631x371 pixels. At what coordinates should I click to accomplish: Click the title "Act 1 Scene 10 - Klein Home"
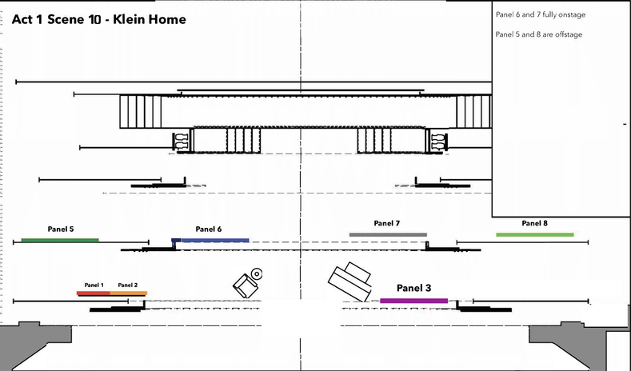[99, 19]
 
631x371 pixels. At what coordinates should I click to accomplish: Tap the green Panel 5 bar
[60, 240]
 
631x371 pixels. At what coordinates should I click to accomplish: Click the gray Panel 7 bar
[388, 234]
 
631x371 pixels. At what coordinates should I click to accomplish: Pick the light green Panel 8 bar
[534, 234]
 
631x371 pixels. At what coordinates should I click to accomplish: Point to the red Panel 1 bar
[94, 293]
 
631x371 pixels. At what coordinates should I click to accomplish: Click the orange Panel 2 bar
[129, 293]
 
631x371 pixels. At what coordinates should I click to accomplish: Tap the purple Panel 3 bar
[413, 301]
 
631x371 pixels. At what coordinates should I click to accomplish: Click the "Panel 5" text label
[61, 229]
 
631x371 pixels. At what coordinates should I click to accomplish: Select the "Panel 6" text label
[208, 229]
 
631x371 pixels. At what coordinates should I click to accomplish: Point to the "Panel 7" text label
[386, 223]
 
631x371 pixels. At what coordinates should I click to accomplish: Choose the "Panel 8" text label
[534, 223]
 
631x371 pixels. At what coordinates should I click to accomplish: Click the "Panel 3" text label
[413, 288]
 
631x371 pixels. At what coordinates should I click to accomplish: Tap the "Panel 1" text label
[94, 285]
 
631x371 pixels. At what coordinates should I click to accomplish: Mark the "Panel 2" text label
[128, 285]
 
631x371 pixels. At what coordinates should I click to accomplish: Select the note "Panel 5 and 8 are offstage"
[538, 34]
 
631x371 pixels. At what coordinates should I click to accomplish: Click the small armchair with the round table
[246, 282]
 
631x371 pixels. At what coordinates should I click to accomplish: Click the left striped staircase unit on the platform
[141, 111]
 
